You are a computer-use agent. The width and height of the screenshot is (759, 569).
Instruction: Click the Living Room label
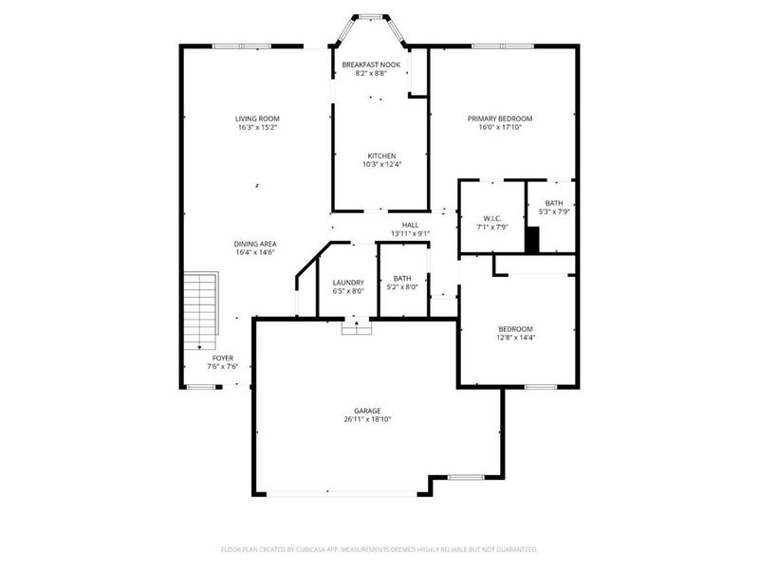point(257,119)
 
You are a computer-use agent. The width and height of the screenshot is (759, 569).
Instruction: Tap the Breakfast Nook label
point(371,64)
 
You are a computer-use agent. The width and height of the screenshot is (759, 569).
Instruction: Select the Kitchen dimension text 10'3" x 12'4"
point(382,165)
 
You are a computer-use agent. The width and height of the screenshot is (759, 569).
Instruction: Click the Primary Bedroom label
point(499,119)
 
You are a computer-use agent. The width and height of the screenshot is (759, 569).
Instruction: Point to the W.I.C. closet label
point(492,218)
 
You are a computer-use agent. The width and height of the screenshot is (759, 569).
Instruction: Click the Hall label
point(410,225)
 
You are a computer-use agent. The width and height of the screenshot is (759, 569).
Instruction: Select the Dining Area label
point(255,244)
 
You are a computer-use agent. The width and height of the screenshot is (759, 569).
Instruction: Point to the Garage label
point(367,411)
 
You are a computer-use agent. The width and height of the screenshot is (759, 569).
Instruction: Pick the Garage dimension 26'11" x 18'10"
point(367,419)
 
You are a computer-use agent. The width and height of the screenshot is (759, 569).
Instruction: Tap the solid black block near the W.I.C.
point(532,241)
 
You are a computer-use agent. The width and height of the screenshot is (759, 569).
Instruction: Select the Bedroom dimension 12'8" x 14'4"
point(516,338)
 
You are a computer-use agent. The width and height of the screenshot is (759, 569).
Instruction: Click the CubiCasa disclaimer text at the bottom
point(379,549)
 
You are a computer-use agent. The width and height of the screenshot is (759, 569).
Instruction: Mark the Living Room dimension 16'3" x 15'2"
point(257,128)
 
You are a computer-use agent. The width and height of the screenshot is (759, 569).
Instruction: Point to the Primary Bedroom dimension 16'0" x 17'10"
point(499,128)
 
